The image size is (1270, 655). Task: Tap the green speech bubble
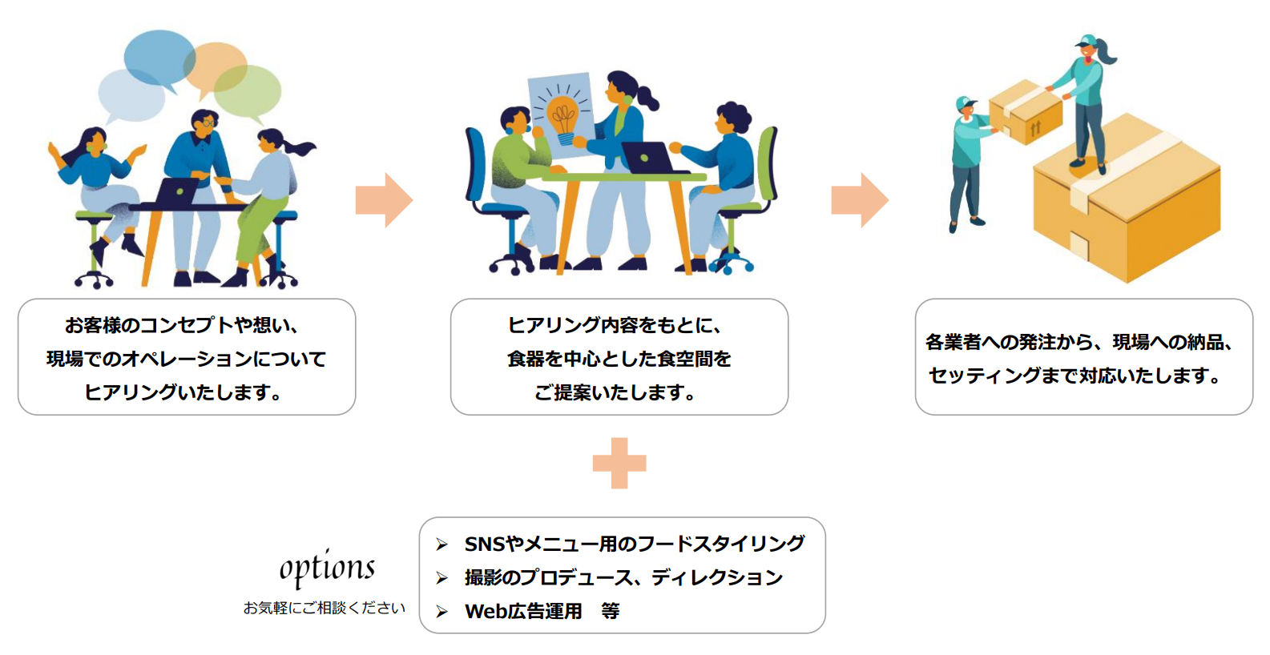tap(250, 90)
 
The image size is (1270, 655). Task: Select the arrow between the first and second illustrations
tap(384, 200)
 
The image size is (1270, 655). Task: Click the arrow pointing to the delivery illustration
tap(860, 200)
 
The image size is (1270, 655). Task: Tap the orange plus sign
tap(619, 463)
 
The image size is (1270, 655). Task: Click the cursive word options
tap(327, 568)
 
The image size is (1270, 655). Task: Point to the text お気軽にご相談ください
tap(325, 608)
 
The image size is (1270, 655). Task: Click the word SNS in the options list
tap(485, 544)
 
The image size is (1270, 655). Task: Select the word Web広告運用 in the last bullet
tap(523, 612)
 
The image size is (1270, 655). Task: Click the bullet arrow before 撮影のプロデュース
tap(441, 578)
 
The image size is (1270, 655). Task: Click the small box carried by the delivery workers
tap(1026, 111)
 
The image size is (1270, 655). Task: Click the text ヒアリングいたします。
tap(186, 392)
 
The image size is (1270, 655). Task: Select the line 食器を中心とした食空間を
tap(619, 359)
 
